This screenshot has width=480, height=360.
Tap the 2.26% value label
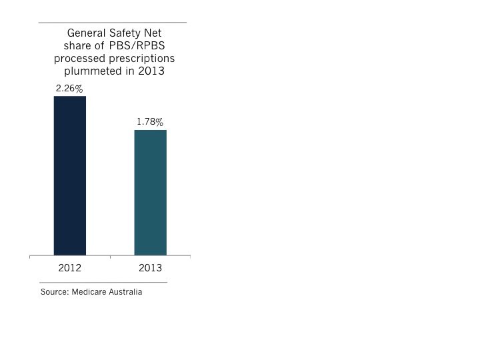point(70,89)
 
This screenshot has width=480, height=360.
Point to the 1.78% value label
point(150,122)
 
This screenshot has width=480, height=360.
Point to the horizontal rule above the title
point(112,23)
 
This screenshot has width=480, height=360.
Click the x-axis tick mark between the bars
point(111,257)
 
